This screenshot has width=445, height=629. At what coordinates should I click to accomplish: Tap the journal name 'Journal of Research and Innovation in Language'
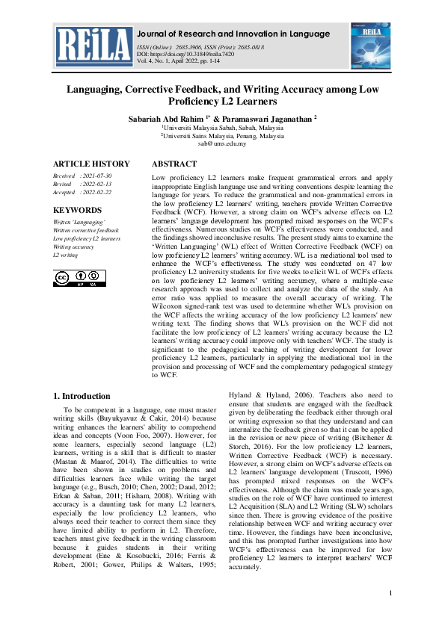coord(233,34)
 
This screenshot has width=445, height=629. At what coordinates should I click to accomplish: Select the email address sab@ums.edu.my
coord(222,144)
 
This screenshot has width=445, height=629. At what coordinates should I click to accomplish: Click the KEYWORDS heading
coord(78,211)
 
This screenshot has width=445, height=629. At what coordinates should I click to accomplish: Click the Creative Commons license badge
coord(79,278)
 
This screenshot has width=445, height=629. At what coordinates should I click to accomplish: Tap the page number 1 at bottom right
coord(390,593)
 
